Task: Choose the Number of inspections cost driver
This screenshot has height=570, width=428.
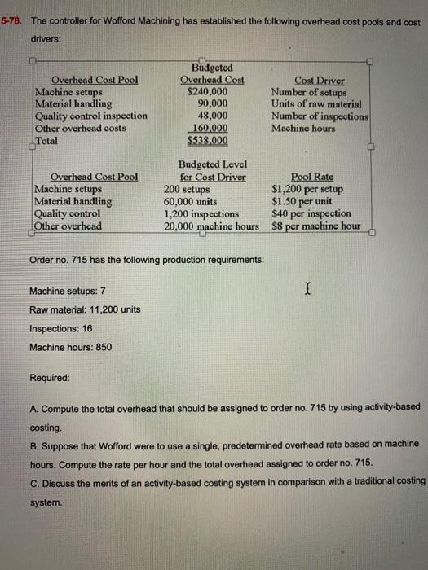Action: (320, 116)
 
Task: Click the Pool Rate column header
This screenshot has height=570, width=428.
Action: (311, 176)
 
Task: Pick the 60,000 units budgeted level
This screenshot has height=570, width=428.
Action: (190, 201)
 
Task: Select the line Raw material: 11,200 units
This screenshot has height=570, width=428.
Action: (85, 309)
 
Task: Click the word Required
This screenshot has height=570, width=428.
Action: (49, 379)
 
